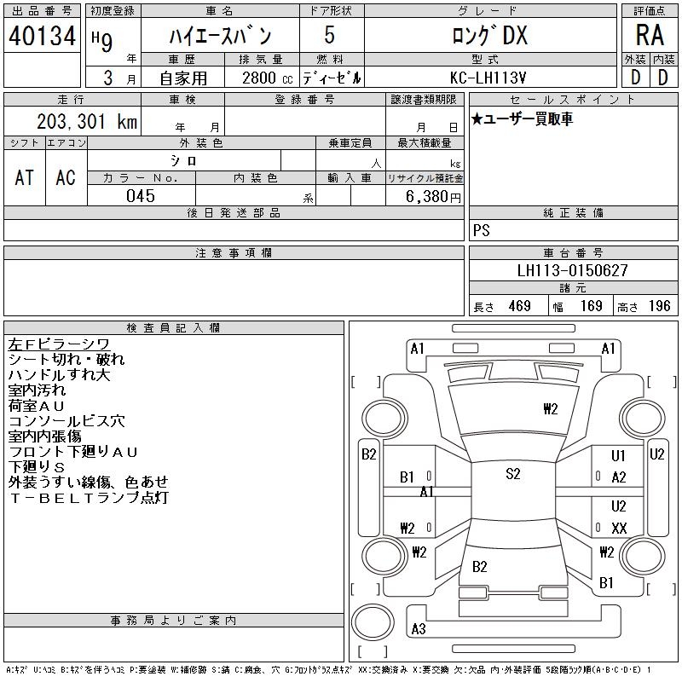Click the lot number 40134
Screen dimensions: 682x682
[42, 36]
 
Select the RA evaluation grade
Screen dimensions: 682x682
[650, 35]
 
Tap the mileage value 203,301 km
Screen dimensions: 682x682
[87, 121]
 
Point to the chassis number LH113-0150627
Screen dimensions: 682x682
[572, 270]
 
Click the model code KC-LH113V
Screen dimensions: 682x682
[488, 78]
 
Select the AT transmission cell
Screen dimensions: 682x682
[25, 177]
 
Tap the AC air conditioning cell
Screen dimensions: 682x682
[66, 177]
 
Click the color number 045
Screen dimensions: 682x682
[141, 196]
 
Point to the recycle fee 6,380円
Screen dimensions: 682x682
[433, 197]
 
